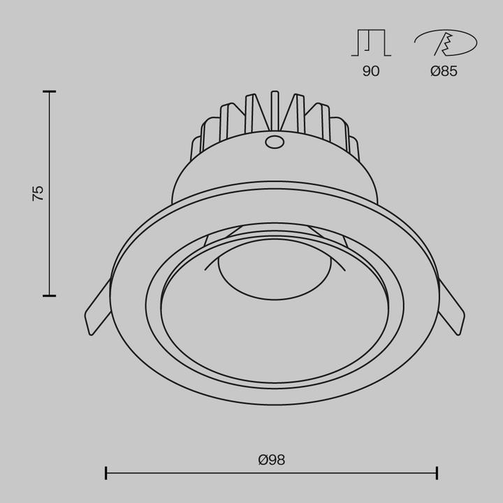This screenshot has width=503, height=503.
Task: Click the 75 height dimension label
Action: (x=38, y=194)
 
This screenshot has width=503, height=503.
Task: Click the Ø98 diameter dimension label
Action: (x=271, y=460)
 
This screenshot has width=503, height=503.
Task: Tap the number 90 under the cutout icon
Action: (x=371, y=71)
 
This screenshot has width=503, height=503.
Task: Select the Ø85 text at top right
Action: (x=444, y=71)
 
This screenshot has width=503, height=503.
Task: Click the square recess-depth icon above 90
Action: (x=371, y=43)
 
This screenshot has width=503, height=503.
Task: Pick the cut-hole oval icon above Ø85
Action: (x=446, y=43)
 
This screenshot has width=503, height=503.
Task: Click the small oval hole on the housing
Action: (x=275, y=143)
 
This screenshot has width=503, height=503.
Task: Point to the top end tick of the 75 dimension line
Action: (x=49, y=92)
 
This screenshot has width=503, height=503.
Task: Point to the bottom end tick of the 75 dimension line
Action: (x=49, y=296)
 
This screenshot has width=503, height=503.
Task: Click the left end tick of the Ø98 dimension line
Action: (x=106, y=473)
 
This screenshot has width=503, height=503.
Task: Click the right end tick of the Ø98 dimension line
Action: (x=437, y=473)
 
